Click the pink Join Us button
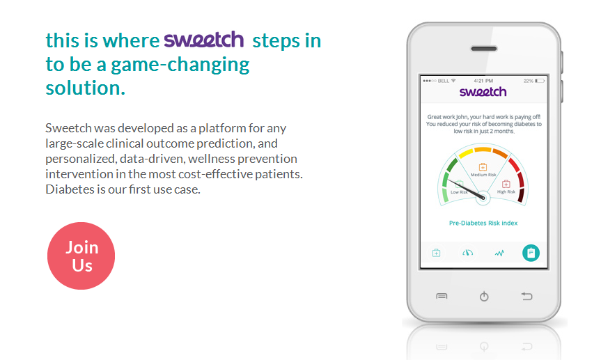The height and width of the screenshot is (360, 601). pyautogui.click(x=81, y=256)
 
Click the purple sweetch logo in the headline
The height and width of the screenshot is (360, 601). pyautogui.click(x=204, y=40)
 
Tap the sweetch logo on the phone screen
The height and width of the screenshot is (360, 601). pyautogui.click(x=483, y=92)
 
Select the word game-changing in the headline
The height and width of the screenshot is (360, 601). pyautogui.click(x=180, y=65)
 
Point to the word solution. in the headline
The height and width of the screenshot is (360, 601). pyautogui.click(x=86, y=88)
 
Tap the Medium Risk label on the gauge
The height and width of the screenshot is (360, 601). pyautogui.click(x=483, y=175)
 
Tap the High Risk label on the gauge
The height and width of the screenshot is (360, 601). pyautogui.click(x=506, y=191)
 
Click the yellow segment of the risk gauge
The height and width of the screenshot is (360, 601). pyautogui.click(x=466, y=153)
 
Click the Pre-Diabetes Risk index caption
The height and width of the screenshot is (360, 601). pyautogui.click(x=483, y=223)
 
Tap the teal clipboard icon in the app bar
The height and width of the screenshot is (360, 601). pyautogui.click(x=531, y=253)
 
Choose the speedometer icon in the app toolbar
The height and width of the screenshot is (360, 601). pyautogui.click(x=467, y=253)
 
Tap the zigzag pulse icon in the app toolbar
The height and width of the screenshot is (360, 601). pyautogui.click(x=499, y=253)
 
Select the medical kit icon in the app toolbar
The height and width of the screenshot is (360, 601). pyautogui.click(x=436, y=253)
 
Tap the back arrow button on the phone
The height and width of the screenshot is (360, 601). pyautogui.click(x=526, y=296)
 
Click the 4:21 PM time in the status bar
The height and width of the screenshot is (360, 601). pyautogui.click(x=483, y=81)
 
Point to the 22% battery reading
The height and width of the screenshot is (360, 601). pyautogui.click(x=528, y=81)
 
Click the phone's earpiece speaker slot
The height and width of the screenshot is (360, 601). pyautogui.click(x=484, y=49)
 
